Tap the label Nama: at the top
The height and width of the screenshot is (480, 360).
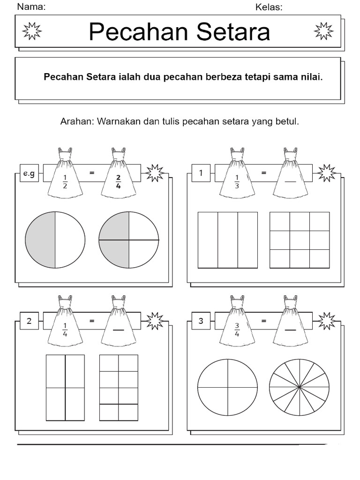click(31, 7)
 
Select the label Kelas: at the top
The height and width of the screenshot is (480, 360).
click(269, 7)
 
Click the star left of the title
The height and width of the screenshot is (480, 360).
click(32, 31)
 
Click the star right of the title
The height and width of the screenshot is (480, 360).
click(323, 31)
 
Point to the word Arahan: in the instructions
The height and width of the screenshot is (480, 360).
click(77, 121)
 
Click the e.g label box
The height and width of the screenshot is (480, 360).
click(29, 173)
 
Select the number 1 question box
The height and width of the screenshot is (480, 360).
click(201, 173)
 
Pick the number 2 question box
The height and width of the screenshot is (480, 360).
click(29, 321)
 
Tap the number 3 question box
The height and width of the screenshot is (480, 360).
click(201, 321)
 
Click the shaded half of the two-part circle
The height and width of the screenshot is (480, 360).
click(41, 240)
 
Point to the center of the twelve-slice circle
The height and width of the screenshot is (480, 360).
click(299, 388)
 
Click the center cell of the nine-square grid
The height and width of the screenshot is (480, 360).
click(300, 240)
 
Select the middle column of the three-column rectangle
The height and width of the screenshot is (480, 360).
click(228, 240)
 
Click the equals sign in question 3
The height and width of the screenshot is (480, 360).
click(264, 321)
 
